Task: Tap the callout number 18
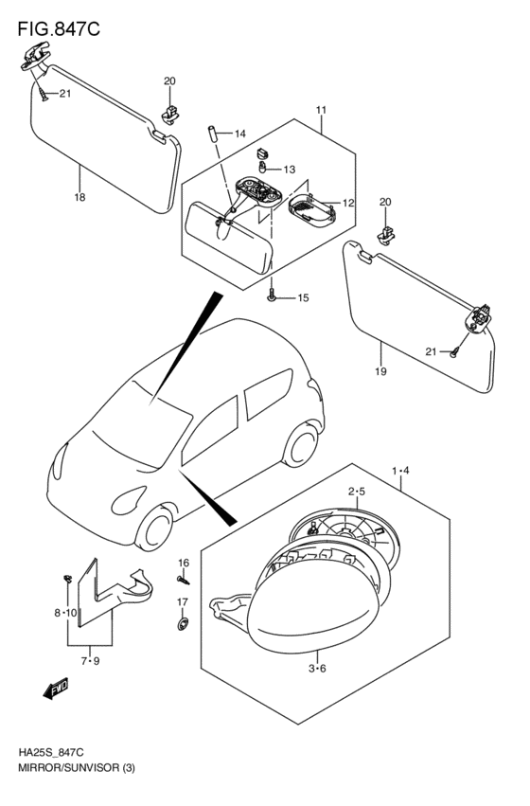[79, 198]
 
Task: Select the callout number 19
[380, 371]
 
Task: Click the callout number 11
[321, 111]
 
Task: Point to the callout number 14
[239, 134]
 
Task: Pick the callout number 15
[303, 298]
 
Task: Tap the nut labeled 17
[183, 624]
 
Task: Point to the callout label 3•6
[317, 669]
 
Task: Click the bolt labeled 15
[272, 296]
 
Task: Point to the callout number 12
[347, 203]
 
